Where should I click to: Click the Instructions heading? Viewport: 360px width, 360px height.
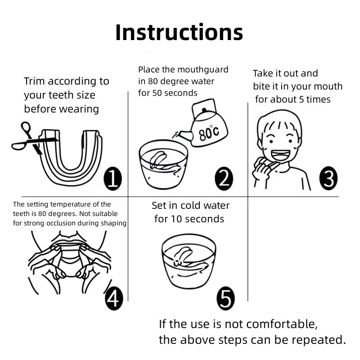179,32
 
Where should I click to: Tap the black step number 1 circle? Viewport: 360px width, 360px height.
112,178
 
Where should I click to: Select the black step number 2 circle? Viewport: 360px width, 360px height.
224,178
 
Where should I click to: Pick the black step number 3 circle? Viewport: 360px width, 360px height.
328,178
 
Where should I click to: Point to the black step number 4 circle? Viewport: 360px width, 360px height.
114,298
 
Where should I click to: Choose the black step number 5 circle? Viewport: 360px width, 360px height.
226,298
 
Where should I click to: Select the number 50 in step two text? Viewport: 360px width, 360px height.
157,93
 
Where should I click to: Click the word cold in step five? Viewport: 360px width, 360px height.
189,206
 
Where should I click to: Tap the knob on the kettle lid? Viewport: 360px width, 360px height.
204,110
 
